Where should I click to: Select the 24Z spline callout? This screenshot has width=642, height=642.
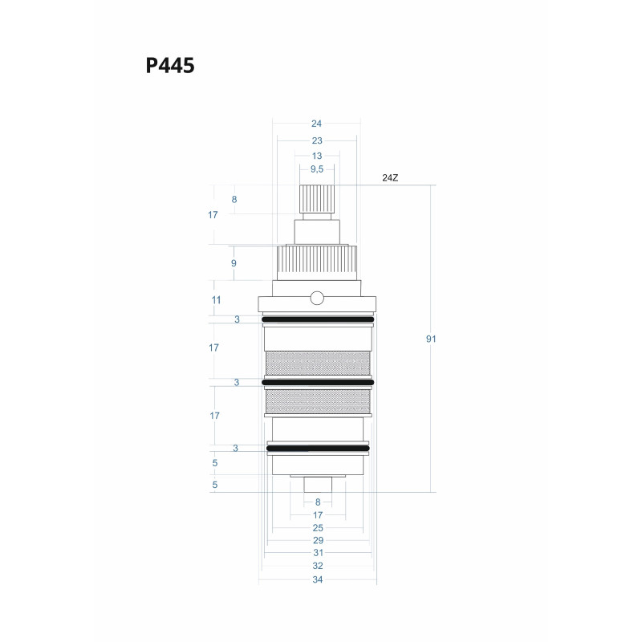click(x=390, y=177)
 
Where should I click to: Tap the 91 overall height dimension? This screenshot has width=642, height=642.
click(x=431, y=339)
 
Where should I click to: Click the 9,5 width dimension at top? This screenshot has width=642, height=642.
click(x=317, y=169)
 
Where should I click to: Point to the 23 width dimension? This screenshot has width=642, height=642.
click(x=317, y=140)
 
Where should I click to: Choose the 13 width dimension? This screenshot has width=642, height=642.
click(x=317, y=155)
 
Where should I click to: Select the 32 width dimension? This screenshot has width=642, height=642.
click(x=317, y=567)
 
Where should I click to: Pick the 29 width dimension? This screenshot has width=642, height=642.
click(x=317, y=541)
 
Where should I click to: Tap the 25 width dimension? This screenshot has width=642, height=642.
click(x=317, y=528)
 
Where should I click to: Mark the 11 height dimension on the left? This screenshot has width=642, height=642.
click(x=215, y=299)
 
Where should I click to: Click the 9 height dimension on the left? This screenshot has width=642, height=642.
click(x=234, y=263)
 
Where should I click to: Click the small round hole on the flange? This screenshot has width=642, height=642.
click(x=317, y=299)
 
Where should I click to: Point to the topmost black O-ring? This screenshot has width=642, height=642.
click(x=318, y=319)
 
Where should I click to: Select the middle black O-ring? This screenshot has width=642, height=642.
click(x=318, y=382)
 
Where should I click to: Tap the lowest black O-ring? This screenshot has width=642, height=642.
click(x=318, y=448)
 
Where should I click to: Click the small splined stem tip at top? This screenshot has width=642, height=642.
click(x=317, y=198)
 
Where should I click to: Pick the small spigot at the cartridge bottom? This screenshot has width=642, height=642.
click(x=317, y=485)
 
